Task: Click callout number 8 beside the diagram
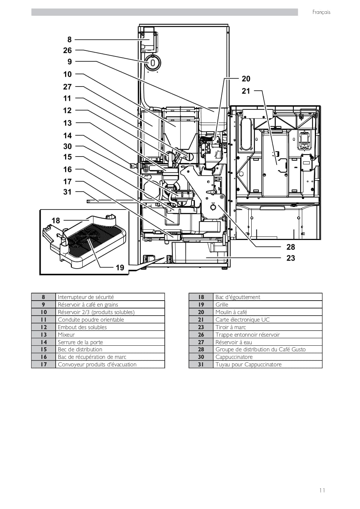tap(70, 40)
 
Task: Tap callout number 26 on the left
tap(67, 50)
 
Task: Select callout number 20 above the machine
tap(246, 79)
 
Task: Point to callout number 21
tap(246, 91)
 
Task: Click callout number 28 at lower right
tap(291, 247)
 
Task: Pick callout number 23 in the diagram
tap(291, 258)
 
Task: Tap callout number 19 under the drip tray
tap(120, 267)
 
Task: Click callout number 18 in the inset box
tap(56, 220)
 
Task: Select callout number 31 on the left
tap(67, 192)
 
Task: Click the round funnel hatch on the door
tap(153, 62)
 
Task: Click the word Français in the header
tap(321, 12)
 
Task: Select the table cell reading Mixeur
tap(110, 334)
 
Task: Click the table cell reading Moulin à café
tap(267, 312)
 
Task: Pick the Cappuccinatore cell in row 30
tap(267, 357)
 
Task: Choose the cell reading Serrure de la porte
tap(110, 342)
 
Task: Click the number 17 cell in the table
tap(43, 364)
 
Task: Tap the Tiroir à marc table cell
tap(267, 327)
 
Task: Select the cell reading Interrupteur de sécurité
tap(110, 297)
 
